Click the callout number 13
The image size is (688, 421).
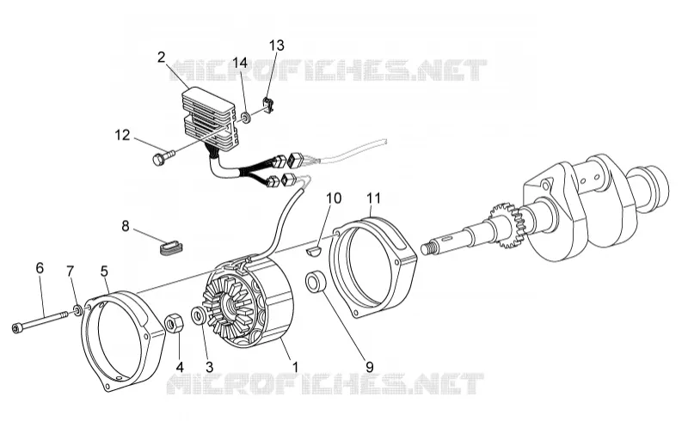tap(276, 46)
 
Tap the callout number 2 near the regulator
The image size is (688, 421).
tap(161, 57)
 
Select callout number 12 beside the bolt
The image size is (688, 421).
tap(122, 135)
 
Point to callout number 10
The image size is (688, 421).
tap(334, 198)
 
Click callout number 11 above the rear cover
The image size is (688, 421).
tap(374, 198)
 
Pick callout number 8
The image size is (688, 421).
tap(126, 226)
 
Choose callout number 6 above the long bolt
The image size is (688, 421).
tap(40, 268)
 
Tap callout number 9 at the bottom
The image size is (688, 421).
tap(370, 367)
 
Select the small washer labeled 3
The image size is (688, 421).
tap(198, 316)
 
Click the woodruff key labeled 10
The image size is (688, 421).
tap(313, 251)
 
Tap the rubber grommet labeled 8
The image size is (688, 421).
tap(170, 247)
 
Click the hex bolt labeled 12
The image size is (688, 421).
tap(163, 156)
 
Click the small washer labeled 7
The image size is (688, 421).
tap(77, 310)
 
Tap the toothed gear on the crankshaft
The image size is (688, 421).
tap(509, 225)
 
